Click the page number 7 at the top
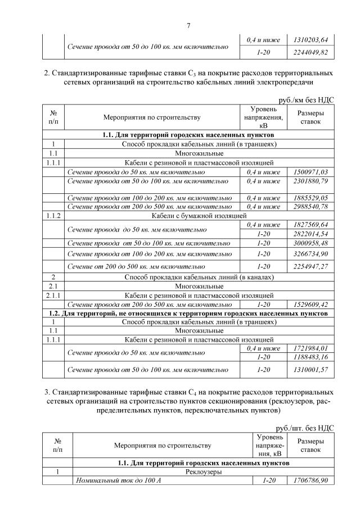189,25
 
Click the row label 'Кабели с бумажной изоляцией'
200,215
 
